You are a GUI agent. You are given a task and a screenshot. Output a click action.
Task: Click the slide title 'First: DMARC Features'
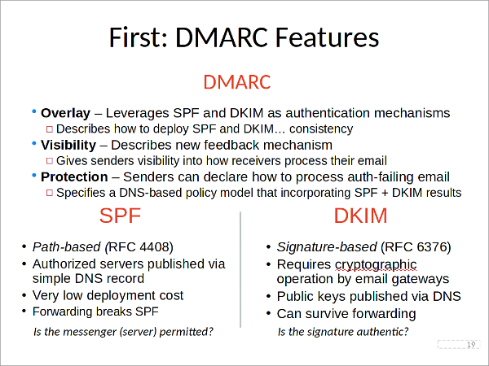244,38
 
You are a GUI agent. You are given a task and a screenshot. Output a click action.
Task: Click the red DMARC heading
236,83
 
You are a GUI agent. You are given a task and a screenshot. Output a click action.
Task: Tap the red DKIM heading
360,216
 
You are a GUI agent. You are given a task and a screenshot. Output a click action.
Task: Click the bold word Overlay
65,112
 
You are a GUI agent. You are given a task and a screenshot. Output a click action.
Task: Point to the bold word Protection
74,176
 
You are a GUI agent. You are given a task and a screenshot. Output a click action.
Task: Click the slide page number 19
470,344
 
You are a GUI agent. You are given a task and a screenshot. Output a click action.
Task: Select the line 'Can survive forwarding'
346,313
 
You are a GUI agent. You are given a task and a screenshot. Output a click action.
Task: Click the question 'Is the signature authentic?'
343,332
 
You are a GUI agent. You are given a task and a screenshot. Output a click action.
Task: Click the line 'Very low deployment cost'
108,295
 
